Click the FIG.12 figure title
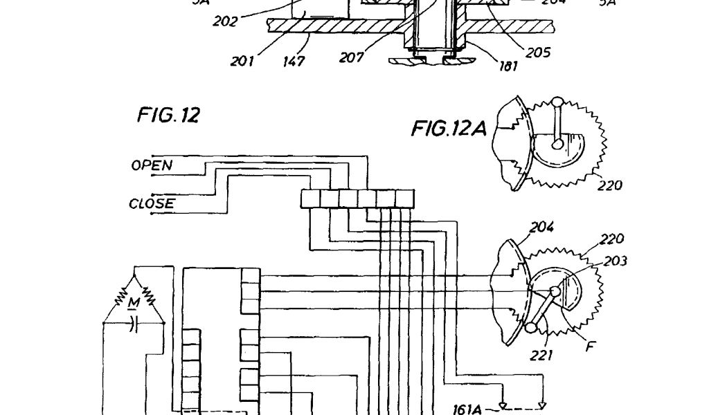(168, 116)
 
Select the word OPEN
(152, 165)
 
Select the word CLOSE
(152, 204)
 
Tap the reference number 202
(225, 21)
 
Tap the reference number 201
(242, 61)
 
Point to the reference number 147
(295, 61)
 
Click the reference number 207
(351, 58)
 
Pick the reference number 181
(510, 67)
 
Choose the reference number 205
(537, 52)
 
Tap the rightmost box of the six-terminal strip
(404, 199)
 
